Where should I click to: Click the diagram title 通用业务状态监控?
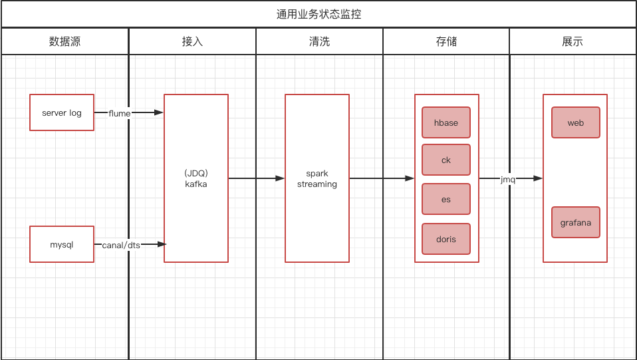click(318, 14)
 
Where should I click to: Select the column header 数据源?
click(64, 41)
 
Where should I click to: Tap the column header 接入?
click(192, 41)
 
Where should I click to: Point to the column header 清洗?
click(319, 41)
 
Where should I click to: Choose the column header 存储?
click(446, 41)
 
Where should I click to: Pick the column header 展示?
click(573, 41)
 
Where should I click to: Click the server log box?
click(62, 112)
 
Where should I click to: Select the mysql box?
click(62, 244)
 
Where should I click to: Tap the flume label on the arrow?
click(120, 113)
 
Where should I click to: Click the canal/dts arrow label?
click(121, 245)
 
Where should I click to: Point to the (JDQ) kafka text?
click(196, 178)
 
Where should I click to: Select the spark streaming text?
click(317, 179)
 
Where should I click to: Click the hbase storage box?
click(446, 123)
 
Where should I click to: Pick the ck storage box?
click(446, 160)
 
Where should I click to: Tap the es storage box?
click(446, 199)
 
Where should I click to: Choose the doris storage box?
click(446, 239)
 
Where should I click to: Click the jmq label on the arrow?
click(508, 179)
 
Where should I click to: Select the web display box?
click(576, 123)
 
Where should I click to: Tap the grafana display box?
click(576, 222)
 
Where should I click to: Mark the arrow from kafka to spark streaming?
click(257, 178)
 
